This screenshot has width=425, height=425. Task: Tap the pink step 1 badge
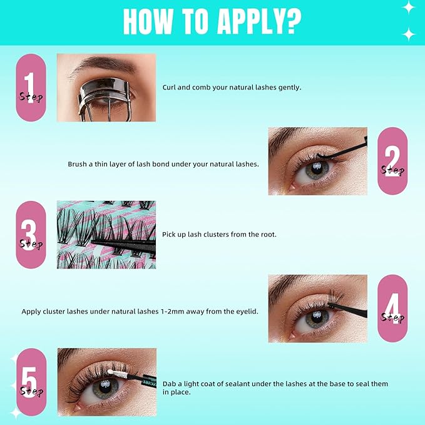(x=31, y=88)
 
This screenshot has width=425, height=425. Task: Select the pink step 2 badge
(x=392, y=161)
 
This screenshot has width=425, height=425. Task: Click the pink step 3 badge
(x=31, y=235)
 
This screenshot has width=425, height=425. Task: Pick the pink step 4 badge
(x=392, y=309)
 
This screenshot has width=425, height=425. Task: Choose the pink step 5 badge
(x=31, y=382)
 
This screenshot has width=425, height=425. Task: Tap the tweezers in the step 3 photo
(x=123, y=246)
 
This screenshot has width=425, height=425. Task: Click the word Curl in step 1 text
(x=169, y=88)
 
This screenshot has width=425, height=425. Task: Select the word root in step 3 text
(x=269, y=235)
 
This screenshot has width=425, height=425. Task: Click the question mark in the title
(x=293, y=22)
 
